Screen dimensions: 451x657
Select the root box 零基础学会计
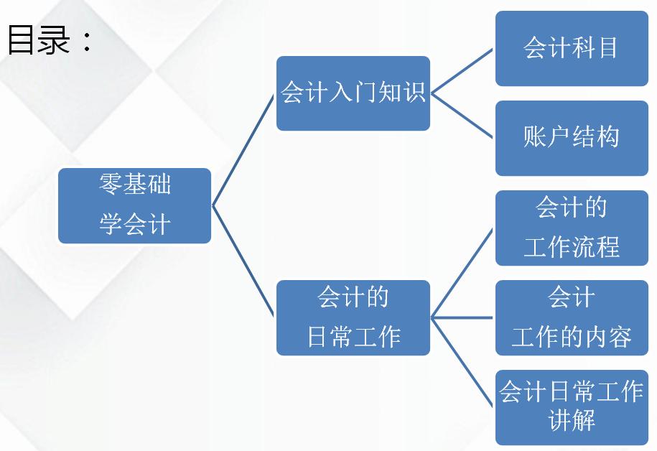(x=134, y=205)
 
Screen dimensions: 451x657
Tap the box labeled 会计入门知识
(x=353, y=93)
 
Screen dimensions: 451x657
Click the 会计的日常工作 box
(x=353, y=317)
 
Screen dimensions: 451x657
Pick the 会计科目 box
(x=572, y=49)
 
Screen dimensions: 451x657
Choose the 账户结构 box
(x=572, y=138)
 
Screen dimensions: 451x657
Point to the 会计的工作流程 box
(x=572, y=228)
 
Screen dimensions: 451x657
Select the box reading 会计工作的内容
(x=572, y=317)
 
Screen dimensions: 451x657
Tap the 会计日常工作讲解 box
(x=572, y=406)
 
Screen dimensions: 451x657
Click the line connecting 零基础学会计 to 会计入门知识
(x=244, y=149)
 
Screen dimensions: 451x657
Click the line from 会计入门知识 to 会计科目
(x=462, y=71)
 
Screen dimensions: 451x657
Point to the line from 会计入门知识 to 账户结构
(x=462, y=116)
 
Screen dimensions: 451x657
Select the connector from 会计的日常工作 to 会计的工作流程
(x=462, y=272)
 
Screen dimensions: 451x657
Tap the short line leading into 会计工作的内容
(x=462, y=317)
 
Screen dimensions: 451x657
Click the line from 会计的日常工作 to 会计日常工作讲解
(x=462, y=362)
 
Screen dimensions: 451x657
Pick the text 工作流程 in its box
(x=572, y=246)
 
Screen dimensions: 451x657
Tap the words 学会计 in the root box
(x=134, y=224)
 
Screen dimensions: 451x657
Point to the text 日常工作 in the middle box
(x=353, y=336)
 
